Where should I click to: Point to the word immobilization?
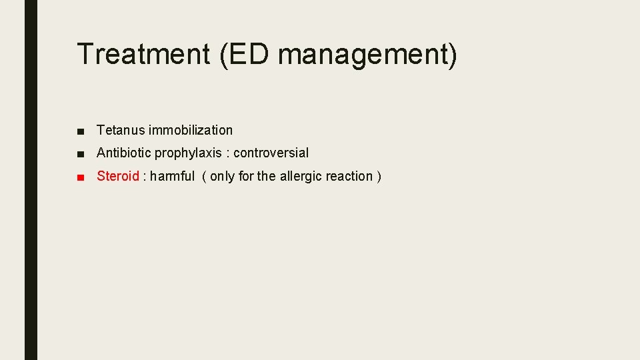(x=191, y=130)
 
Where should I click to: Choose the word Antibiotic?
(x=124, y=153)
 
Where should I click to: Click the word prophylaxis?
(x=188, y=153)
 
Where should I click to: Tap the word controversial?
(x=271, y=153)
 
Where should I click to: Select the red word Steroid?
(x=118, y=176)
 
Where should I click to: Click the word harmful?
(x=172, y=176)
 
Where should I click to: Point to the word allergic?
(x=301, y=176)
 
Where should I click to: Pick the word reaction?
(x=349, y=176)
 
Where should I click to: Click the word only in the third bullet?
(x=222, y=176)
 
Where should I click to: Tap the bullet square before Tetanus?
(x=81, y=131)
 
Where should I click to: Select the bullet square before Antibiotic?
(x=81, y=153)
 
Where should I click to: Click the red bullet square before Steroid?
(x=81, y=177)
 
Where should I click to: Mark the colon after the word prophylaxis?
(x=227, y=153)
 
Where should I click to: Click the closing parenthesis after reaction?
(x=379, y=177)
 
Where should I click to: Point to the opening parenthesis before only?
(x=204, y=177)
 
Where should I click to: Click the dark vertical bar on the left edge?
(x=31, y=180)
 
